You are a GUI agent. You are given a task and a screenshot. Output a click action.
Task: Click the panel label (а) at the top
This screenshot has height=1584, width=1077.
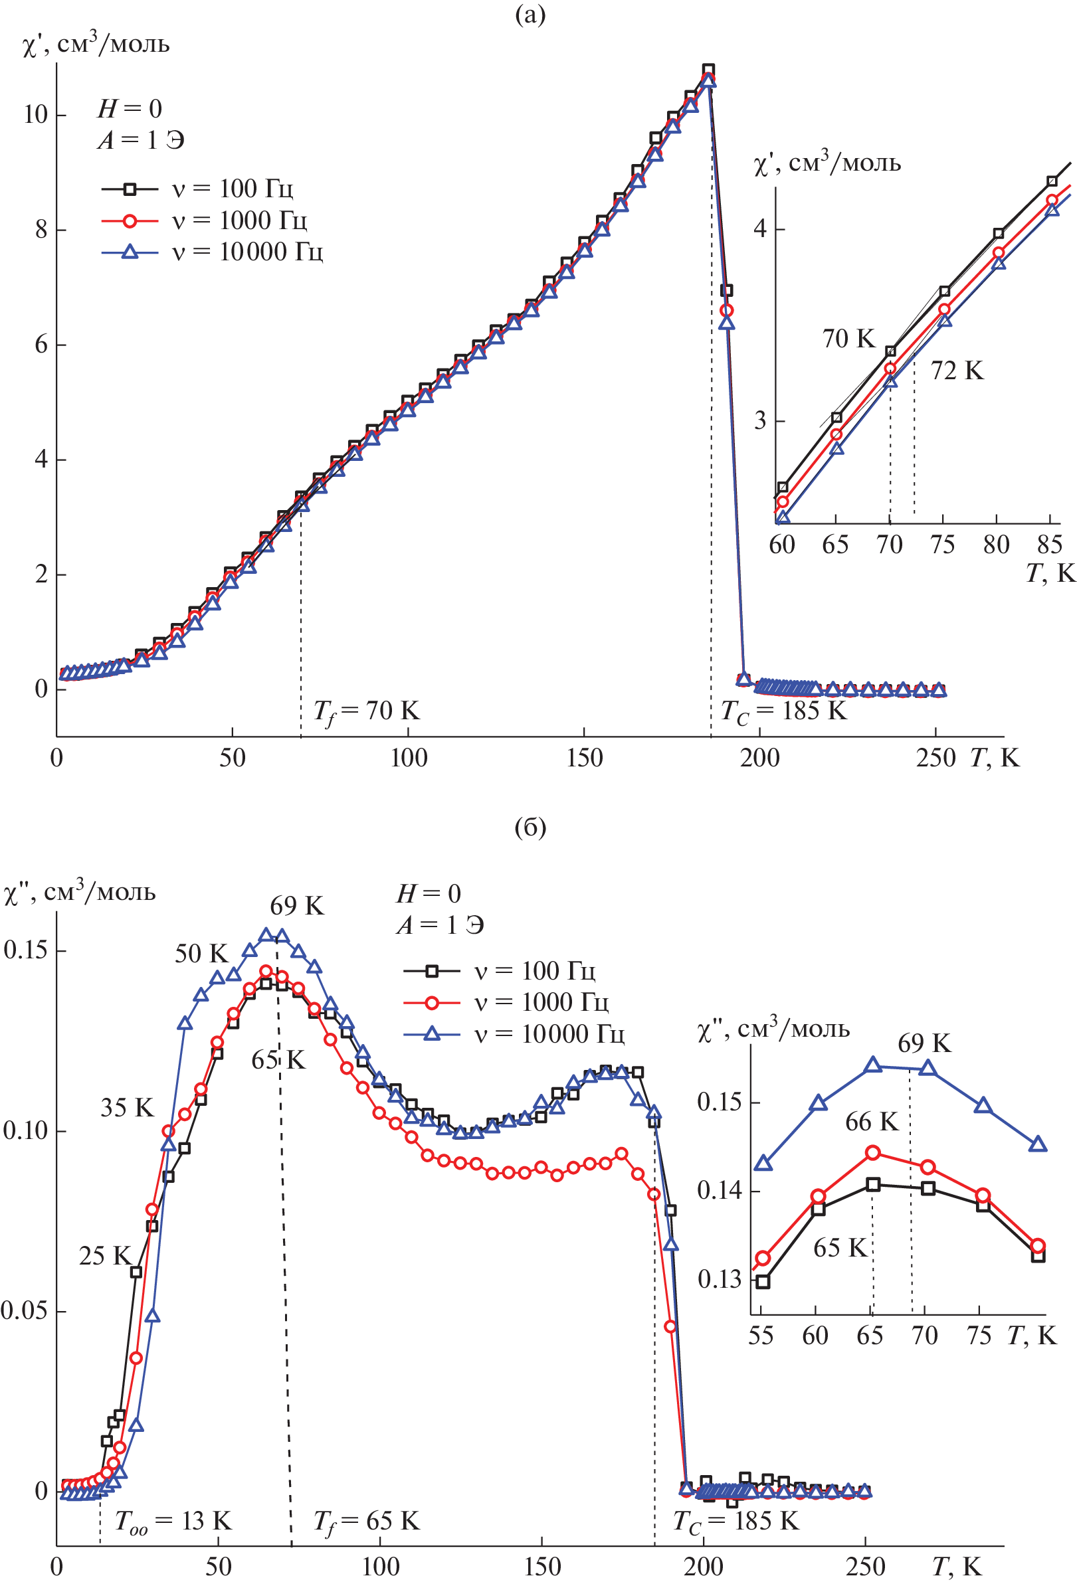pyautogui.click(x=530, y=15)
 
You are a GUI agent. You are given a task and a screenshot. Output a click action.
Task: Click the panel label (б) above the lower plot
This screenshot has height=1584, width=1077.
pyautogui.click(x=530, y=827)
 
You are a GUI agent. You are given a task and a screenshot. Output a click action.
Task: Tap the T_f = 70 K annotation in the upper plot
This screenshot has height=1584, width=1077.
pyautogui.click(x=366, y=711)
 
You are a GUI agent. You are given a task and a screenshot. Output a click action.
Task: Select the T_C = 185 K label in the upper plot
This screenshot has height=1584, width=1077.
pyautogui.click(x=783, y=711)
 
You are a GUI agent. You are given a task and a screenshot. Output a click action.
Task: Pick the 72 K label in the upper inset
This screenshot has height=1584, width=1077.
pyautogui.click(x=957, y=371)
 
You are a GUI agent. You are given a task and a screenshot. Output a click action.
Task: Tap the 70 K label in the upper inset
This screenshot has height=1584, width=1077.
pyautogui.click(x=848, y=339)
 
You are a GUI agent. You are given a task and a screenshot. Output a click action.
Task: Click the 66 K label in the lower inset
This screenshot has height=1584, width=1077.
pyautogui.click(x=871, y=1122)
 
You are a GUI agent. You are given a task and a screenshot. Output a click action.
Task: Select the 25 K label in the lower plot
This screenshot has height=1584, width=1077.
pyautogui.click(x=104, y=1255)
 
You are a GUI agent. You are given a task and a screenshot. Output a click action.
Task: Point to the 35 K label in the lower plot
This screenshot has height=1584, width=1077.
pyautogui.click(x=127, y=1108)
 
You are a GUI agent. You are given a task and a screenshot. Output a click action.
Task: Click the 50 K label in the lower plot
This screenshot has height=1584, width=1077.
pyautogui.click(x=201, y=954)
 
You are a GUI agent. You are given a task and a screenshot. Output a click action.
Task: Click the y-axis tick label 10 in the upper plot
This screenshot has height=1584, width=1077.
pyautogui.click(x=35, y=114)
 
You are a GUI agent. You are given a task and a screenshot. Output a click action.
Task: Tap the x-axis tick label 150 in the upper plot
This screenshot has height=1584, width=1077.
pyautogui.click(x=584, y=758)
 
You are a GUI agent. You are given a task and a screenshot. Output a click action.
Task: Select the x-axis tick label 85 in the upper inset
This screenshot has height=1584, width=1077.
pyautogui.click(x=1049, y=545)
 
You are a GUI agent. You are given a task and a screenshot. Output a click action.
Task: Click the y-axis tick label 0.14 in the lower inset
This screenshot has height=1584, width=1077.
pyautogui.click(x=718, y=1191)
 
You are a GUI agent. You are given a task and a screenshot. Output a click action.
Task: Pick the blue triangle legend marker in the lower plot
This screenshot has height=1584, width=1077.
pyautogui.click(x=431, y=1034)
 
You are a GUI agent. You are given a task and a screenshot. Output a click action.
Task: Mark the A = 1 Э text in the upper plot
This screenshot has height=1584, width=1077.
pyautogui.click(x=141, y=140)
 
